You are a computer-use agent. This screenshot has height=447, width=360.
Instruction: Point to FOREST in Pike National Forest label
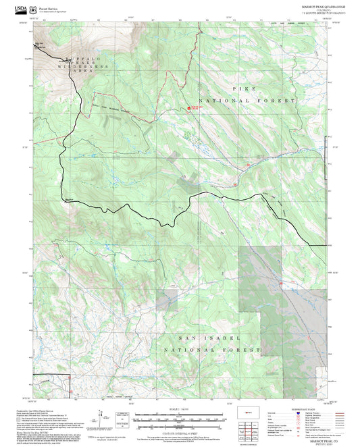tap(280, 100)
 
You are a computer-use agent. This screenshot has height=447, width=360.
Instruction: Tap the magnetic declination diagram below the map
tap(101, 415)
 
